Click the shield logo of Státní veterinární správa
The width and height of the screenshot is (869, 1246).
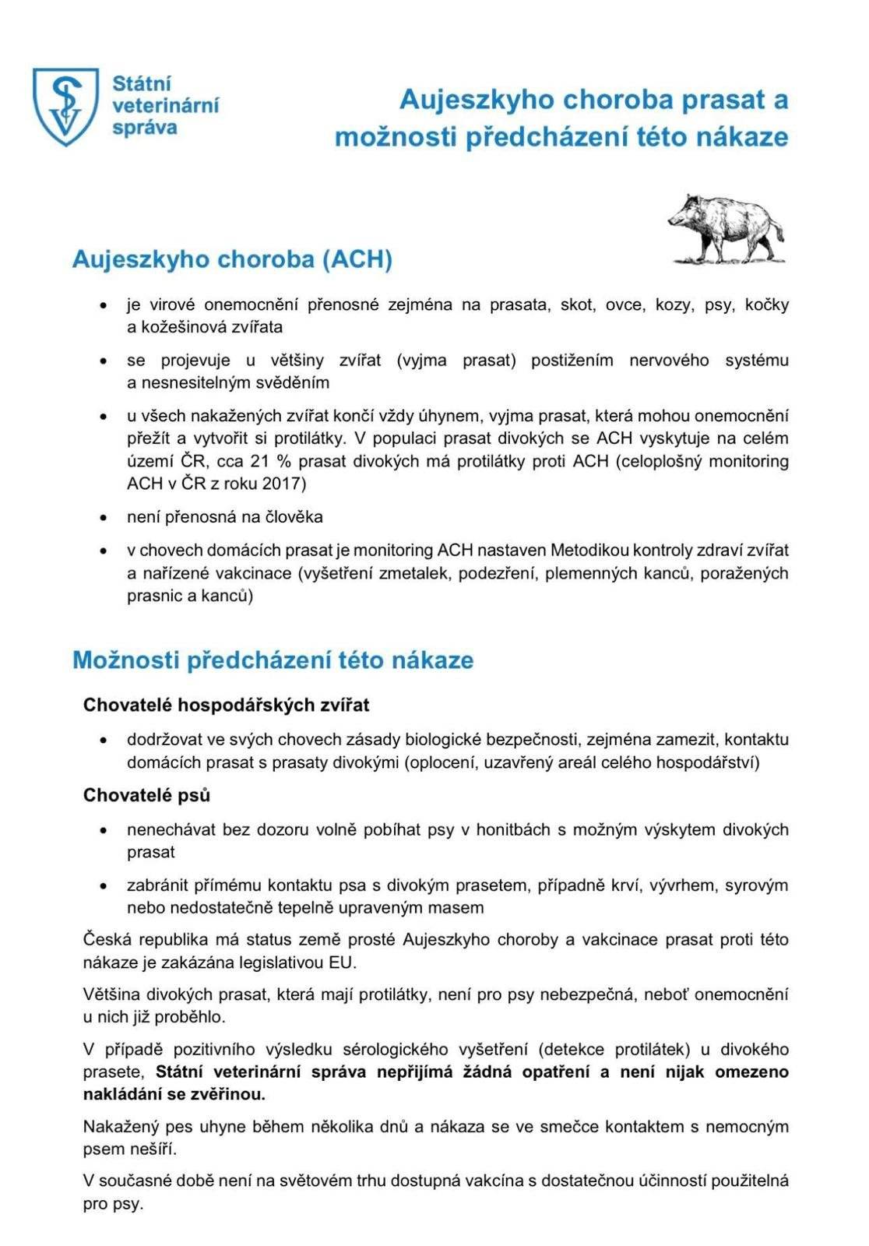point(65,106)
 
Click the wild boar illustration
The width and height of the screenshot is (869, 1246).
point(726,229)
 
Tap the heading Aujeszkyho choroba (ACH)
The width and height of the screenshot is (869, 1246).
point(232,259)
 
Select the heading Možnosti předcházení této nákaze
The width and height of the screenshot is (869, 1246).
point(273,660)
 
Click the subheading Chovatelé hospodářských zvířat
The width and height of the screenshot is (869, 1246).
point(226,705)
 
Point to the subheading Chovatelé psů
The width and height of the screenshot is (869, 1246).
point(146,795)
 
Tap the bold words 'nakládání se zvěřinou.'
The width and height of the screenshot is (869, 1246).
point(174,1094)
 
